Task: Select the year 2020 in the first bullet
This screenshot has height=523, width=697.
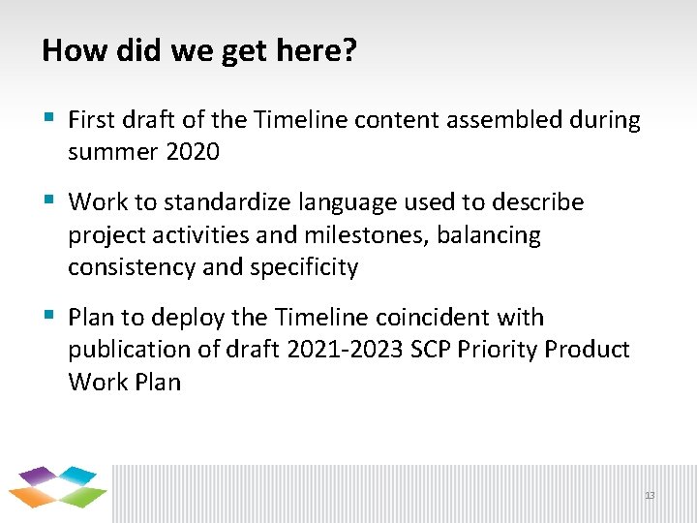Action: [193, 152]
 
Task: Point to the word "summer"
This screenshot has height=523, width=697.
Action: [105, 152]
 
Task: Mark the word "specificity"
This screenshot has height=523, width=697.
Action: [304, 267]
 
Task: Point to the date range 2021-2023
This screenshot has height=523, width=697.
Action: [345, 350]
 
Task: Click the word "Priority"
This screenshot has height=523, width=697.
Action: [503, 350]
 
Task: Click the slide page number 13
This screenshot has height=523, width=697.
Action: [650, 495]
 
